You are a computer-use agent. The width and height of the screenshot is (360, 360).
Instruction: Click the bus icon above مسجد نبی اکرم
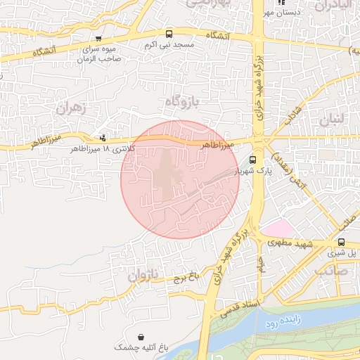[169, 34]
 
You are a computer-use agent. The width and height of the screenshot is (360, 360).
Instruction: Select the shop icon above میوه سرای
[98, 39]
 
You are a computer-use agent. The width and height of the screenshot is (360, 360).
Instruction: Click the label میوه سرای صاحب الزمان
[101, 55]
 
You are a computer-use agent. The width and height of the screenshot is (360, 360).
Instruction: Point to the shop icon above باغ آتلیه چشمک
[144, 337]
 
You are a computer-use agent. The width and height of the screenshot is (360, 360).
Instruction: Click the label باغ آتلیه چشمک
[143, 348]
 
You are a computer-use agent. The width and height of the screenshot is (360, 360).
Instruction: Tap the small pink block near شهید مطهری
[277, 229]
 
